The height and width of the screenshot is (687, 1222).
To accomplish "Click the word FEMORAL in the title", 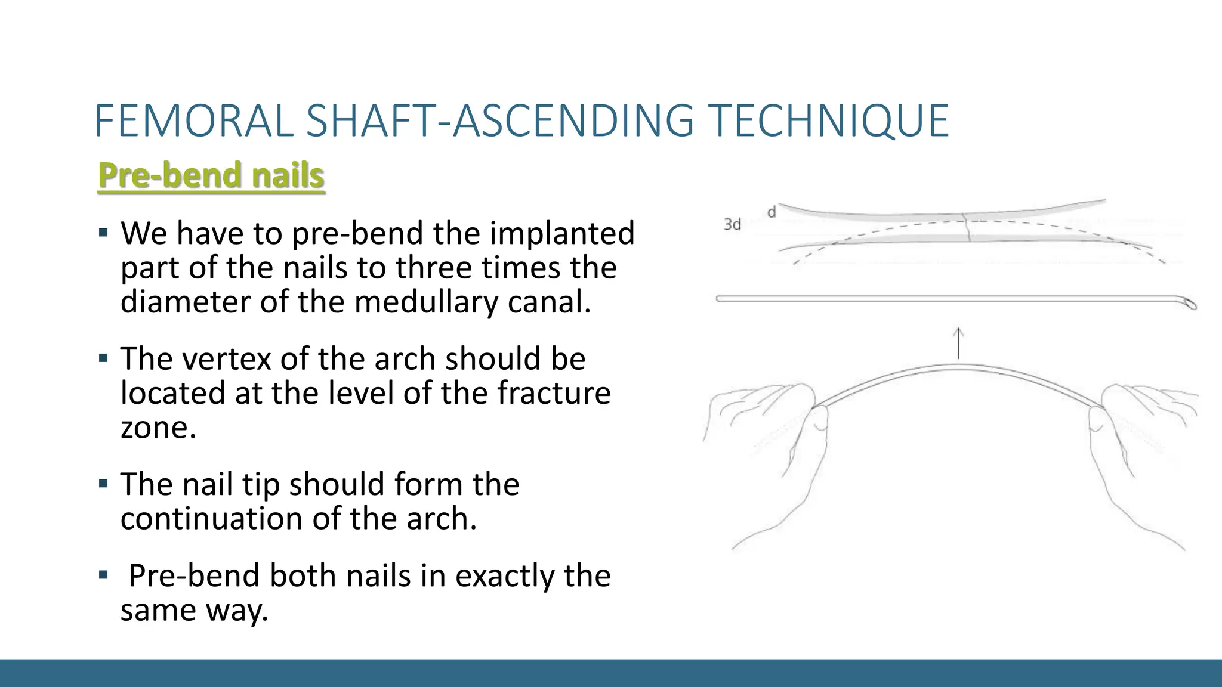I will tap(193, 121).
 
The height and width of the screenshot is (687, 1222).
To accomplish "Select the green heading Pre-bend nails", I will tap(211, 175).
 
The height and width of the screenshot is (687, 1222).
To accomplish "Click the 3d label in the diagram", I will tap(732, 224).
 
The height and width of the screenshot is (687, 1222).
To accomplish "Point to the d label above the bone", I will tap(772, 212).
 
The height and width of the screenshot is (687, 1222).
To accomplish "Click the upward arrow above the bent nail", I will tap(958, 342).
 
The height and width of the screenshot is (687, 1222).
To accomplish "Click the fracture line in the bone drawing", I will tap(967, 227).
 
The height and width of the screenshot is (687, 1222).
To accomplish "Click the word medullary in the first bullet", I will tap(426, 302).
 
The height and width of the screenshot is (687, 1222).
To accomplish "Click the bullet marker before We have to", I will tap(104, 232).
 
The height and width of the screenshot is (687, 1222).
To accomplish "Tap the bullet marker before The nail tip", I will tap(104, 483).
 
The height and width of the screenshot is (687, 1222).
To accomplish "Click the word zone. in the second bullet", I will tap(158, 428).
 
